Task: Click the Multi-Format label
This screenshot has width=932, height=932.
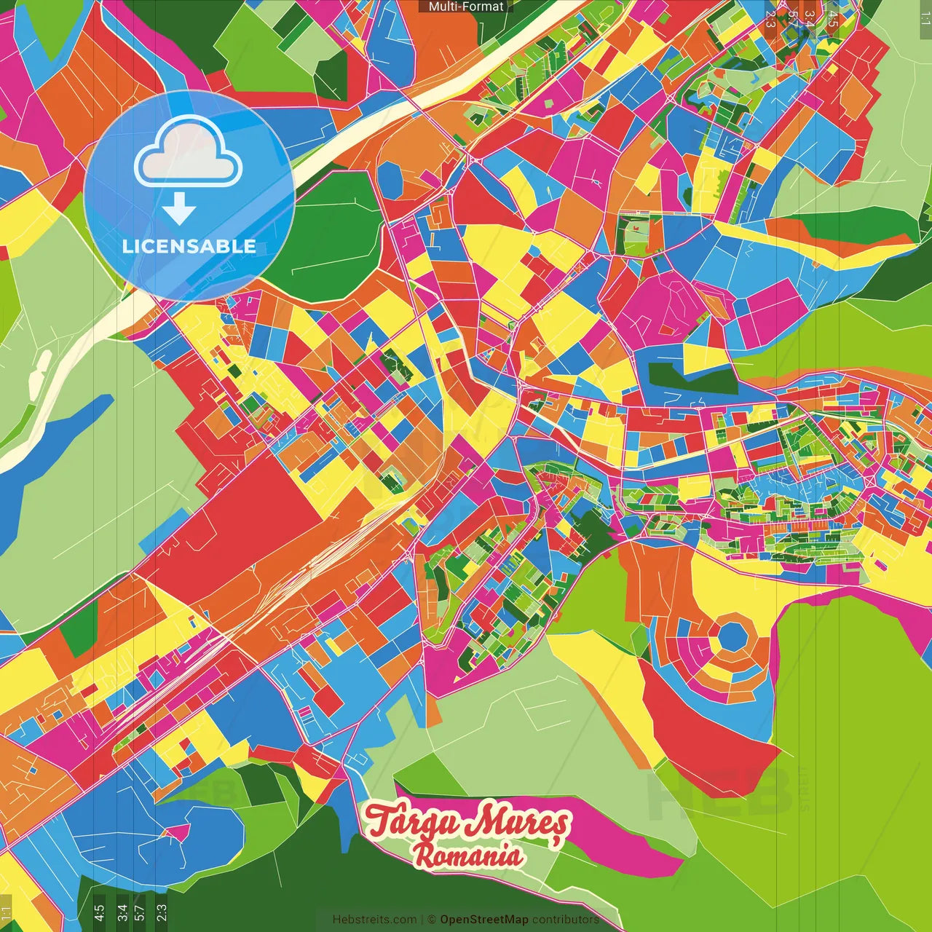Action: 465,7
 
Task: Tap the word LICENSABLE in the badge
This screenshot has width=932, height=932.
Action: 189,246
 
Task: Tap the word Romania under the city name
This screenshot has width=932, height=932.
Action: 468,855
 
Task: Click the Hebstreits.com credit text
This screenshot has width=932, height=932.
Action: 374,920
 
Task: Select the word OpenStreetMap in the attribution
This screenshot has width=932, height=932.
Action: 483,920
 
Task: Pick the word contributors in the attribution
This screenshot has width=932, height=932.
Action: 565,920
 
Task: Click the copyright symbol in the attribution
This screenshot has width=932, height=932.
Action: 431,920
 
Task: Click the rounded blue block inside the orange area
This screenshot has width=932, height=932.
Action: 390,179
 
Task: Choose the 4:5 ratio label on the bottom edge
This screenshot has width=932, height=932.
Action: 98,911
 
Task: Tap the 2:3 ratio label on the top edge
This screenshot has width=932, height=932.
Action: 770,19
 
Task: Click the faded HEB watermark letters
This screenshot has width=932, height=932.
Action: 721,794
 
